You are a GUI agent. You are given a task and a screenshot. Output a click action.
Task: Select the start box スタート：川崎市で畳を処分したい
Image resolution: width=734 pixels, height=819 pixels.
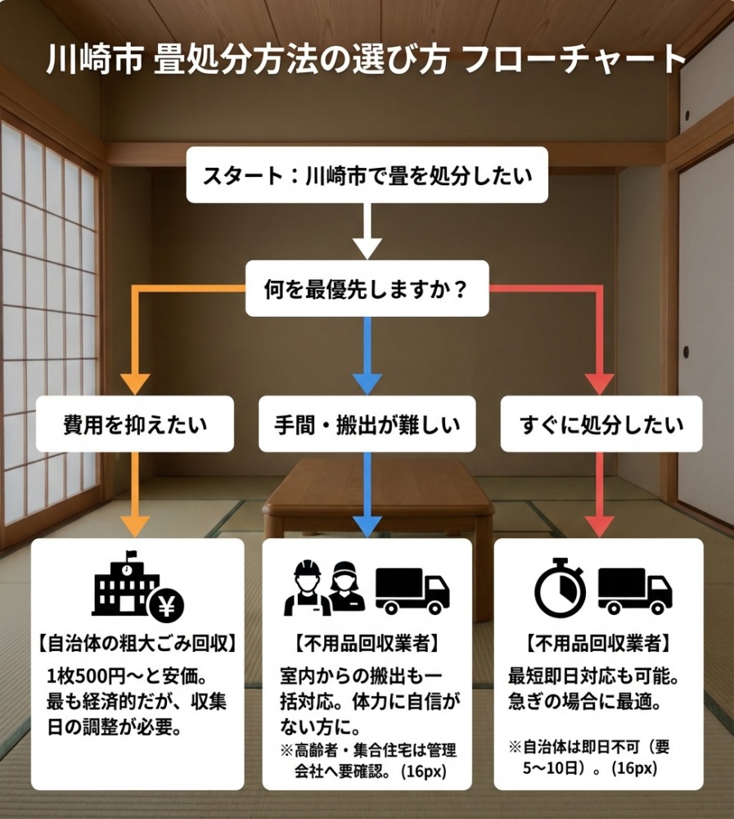click(x=367, y=174)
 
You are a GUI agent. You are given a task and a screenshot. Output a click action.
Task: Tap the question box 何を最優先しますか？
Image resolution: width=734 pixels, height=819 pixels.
click(x=367, y=288)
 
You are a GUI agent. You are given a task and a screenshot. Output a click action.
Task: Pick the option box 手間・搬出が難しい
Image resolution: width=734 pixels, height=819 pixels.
click(x=367, y=424)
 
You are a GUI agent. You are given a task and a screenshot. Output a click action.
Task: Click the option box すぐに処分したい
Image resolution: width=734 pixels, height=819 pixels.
click(x=601, y=424)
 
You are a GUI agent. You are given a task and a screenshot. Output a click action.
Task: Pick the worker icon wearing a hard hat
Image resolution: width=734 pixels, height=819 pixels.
click(x=304, y=588)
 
